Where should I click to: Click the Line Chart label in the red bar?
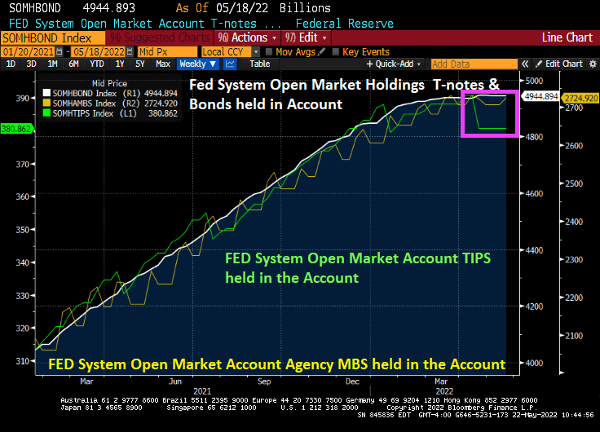pyautogui.click(x=568, y=37)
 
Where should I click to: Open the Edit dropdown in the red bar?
pyautogui.click(x=311, y=37)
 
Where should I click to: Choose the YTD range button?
pyautogui.click(x=97, y=64)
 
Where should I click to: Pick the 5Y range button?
pyautogui.click(x=140, y=64)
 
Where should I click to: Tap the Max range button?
pyautogui.click(x=163, y=64)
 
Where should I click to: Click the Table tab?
pyautogui.click(x=259, y=64)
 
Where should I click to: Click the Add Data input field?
pyautogui.click(x=473, y=64)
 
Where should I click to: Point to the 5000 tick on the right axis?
pyautogui.click(x=534, y=81)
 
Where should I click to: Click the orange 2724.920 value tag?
pyautogui.click(x=582, y=98)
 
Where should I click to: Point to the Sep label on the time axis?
pyautogui.click(x=264, y=381)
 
